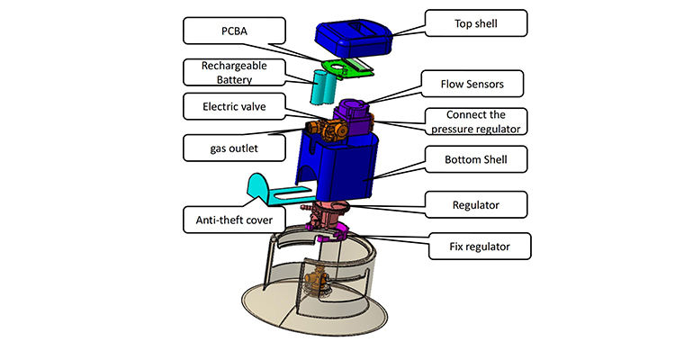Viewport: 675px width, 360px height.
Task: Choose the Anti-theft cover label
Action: coord(231,217)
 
